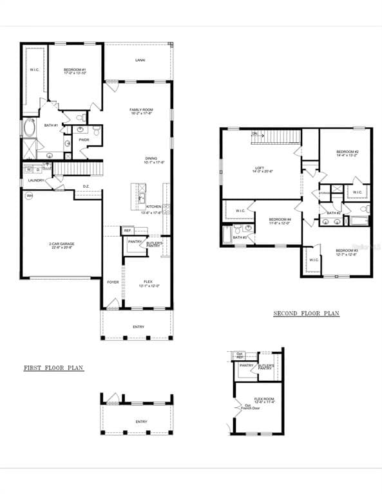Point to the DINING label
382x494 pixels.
(150, 158)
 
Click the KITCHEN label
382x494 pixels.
(153, 206)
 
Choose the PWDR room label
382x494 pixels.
(84, 140)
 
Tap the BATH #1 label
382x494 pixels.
(51, 125)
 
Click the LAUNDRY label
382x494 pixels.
(36, 181)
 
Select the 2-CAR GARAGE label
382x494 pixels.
(61, 244)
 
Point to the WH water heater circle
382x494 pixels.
(29, 197)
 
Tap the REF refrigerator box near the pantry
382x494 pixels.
(127, 230)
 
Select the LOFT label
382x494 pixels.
(259, 169)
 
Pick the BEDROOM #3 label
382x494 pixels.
(346, 250)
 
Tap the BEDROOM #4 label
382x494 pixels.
(280, 219)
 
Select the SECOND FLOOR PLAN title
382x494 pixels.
(306, 314)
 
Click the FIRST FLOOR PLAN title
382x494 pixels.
(53, 369)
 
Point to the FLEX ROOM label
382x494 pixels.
(264, 399)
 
